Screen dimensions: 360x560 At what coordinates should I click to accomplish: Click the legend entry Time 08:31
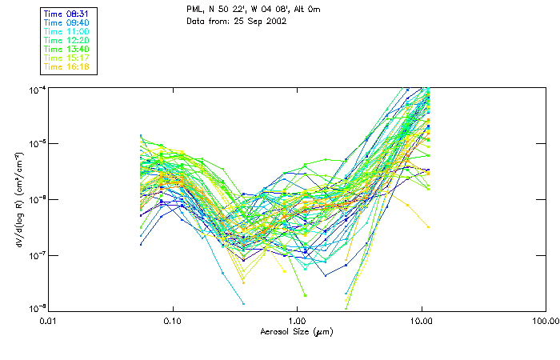[67, 13]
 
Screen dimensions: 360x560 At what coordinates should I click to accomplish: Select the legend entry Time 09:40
[67, 22]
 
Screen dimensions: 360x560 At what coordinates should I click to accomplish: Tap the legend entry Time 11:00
[67, 30]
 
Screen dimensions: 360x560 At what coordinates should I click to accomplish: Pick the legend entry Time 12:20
[67, 40]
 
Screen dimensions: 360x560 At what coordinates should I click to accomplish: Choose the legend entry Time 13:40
[67, 49]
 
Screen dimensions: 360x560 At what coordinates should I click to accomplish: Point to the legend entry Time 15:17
[67, 58]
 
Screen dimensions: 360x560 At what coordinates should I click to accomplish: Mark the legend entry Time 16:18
[67, 66]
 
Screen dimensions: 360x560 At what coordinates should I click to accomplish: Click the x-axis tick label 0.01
[48, 322]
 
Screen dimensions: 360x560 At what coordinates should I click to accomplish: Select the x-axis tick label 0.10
[172, 322]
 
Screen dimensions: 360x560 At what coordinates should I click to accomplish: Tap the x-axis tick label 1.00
[297, 322]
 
